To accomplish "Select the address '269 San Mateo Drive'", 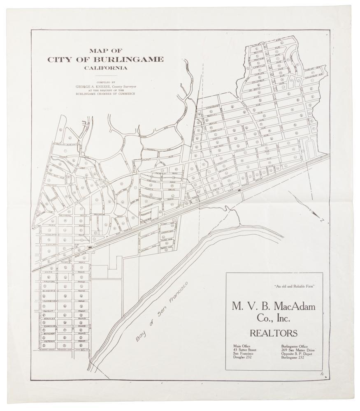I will tap(298, 349).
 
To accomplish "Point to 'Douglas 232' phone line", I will tap(243, 358).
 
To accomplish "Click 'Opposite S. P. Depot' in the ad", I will tap(297, 353).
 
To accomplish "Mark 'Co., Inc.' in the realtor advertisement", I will tap(273, 318).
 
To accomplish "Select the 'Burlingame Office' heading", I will tap(297, 345).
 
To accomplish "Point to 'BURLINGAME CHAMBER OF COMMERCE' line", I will tap(105, 94).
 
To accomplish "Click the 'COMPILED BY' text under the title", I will tap(105, 83).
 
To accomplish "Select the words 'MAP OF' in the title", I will tap(105, 51).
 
